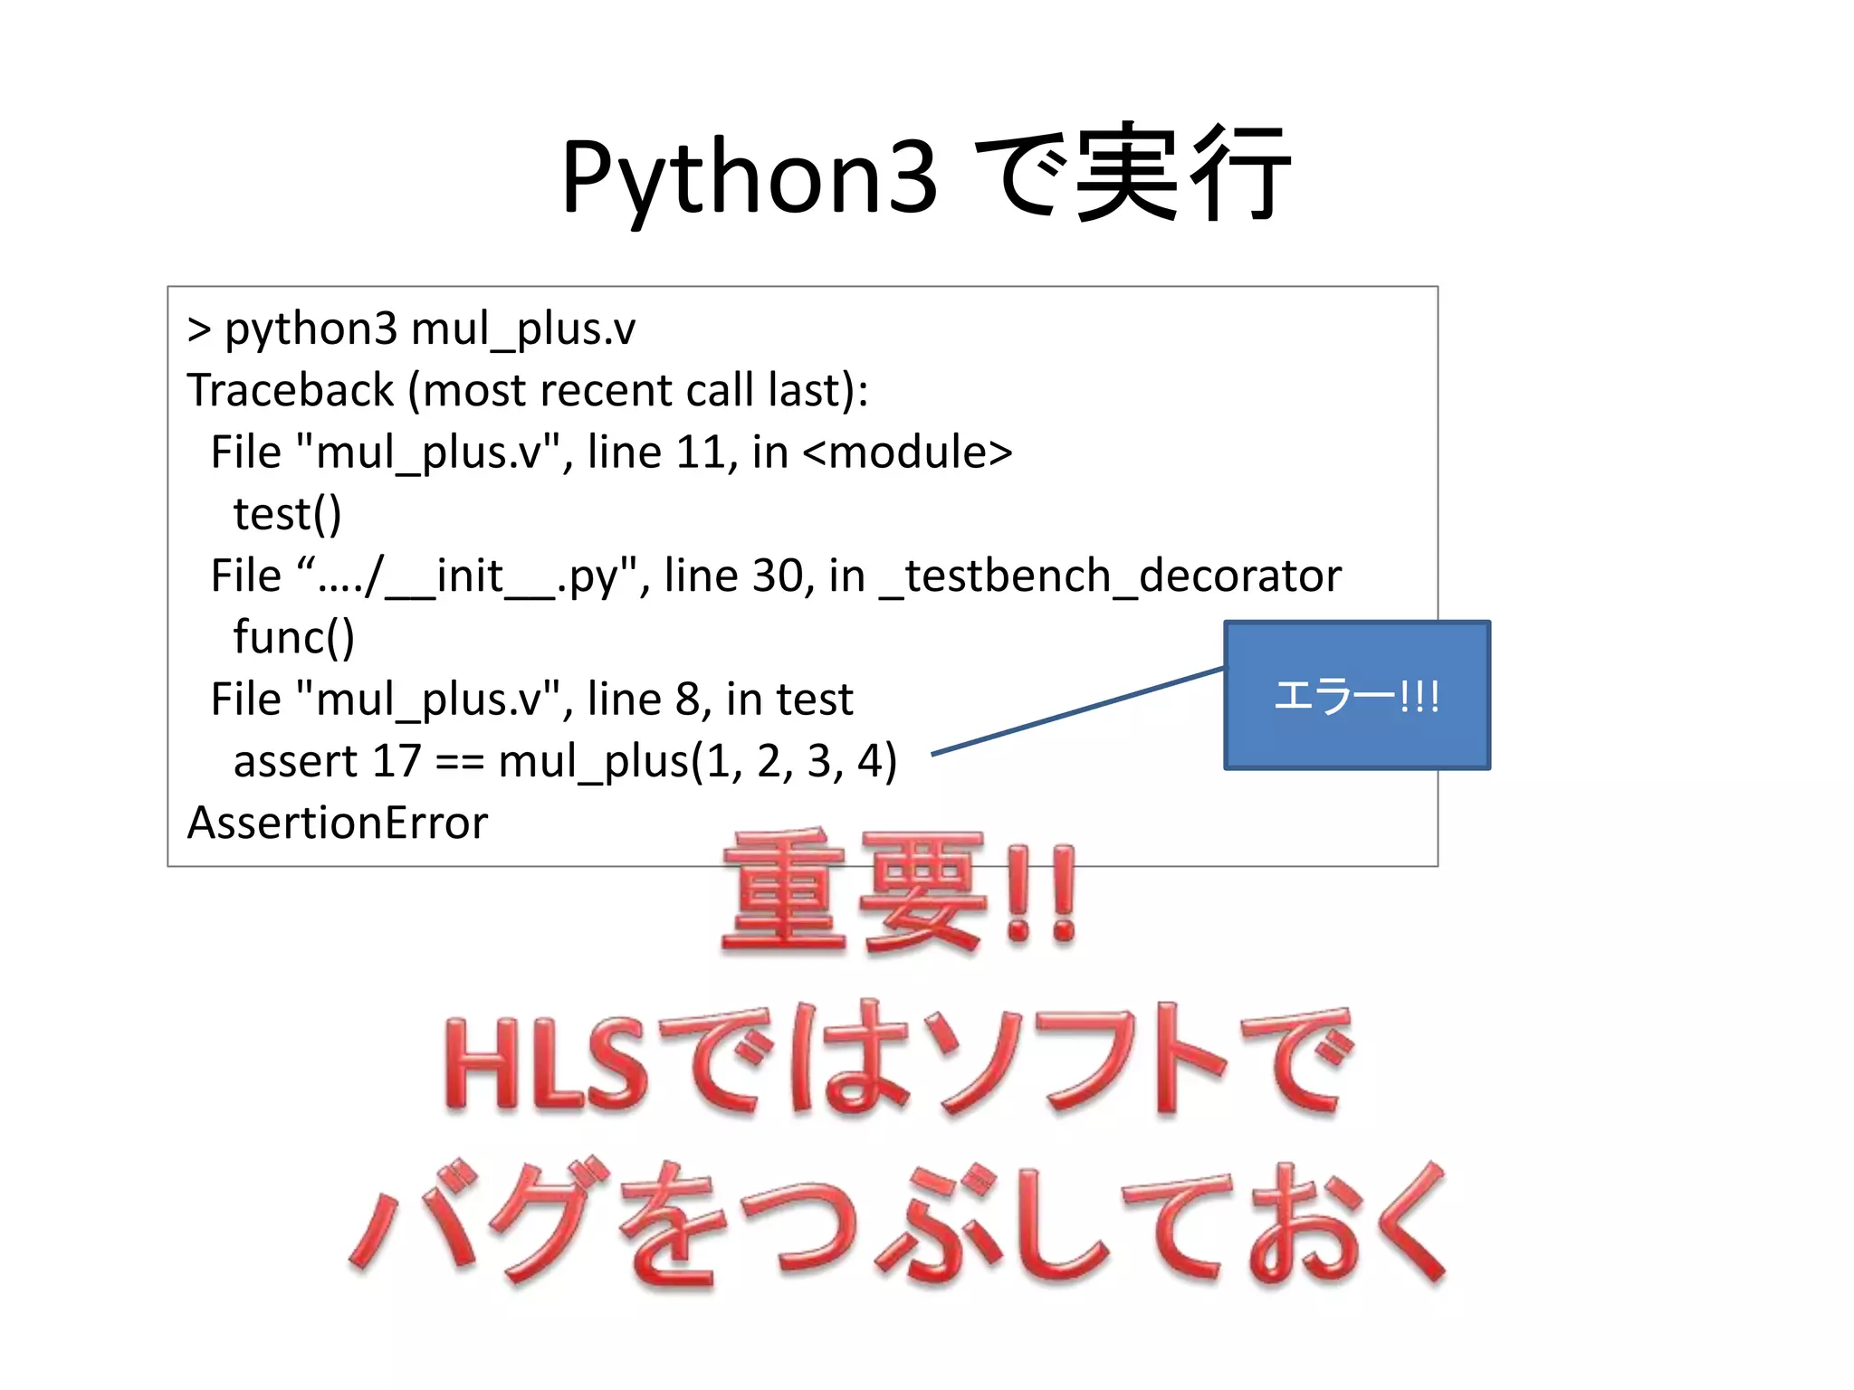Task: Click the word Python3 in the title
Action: [x=750, y=176]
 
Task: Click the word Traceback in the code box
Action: [x=290, y=391]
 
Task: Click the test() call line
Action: [x=287, y=514]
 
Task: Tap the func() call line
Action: [x=293, y=638]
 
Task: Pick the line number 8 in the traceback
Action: [x=687, y=700]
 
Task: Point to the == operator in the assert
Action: [x=459, y=762]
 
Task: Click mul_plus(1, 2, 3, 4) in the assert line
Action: [x=697, y=761]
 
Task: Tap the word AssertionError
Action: [x=337, y=824]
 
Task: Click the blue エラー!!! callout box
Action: [x=1356, y=695]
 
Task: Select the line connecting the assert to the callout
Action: [x=1077, y=710]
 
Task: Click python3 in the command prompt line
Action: [x=311, y=329]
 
